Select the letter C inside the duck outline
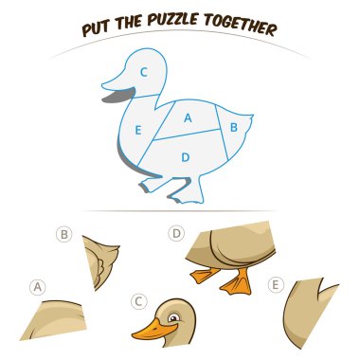[144, 71]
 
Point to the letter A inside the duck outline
[188, 118]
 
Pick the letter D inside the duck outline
[186, 156]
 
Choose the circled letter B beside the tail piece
[64, 235]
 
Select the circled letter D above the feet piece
[176, 232]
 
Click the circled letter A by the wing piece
[38, 286]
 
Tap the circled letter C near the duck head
[138, 302]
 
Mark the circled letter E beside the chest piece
[276, 282]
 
